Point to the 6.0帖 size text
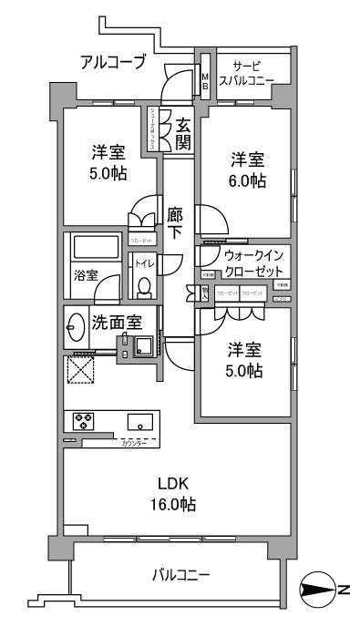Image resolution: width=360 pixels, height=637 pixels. coord(246,180)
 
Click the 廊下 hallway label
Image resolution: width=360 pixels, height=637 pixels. coord(175,223)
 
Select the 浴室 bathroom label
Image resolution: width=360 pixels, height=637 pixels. coord(87,274)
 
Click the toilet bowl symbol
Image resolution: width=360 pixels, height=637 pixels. coord(143,286)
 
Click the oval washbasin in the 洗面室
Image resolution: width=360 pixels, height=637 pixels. coord(73,325)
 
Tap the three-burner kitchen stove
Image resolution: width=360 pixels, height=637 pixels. coord(85,421)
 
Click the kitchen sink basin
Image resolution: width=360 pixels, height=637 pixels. coord(141,421)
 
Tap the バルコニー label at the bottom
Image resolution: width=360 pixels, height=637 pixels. coord(180,576)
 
